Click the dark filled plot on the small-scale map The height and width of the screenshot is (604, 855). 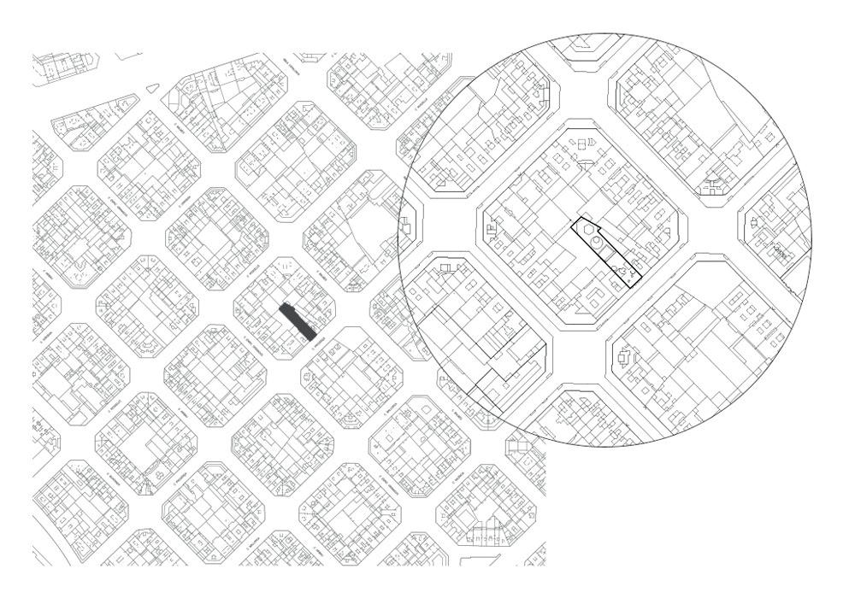(x=298, y=320)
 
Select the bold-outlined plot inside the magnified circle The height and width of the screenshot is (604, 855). (x=605, y=254)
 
